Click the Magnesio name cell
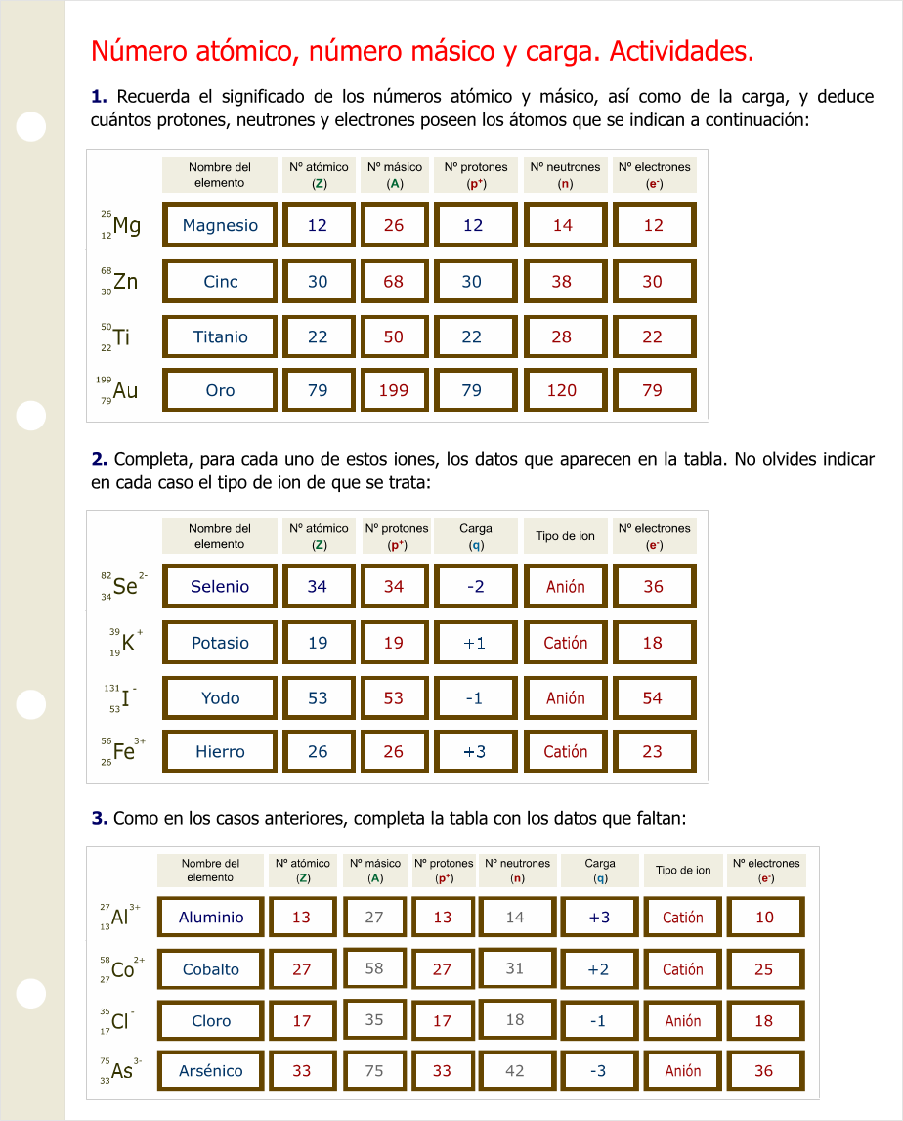pos(220,225)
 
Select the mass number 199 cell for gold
pos(393,390)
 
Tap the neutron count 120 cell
pos(562,390)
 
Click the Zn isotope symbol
pos(120,282)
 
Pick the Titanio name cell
pos(220,336)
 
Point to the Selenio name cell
pos(220,587)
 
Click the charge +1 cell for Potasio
pos(474,643)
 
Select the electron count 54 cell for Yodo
pos(653,698)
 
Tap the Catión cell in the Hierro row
pos(566,752)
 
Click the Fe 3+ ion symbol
pos(124,751)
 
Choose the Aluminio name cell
pos(211,918)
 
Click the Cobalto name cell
pos(211,969)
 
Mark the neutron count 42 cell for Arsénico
pos(515,1071)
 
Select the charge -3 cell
pos(598,1071)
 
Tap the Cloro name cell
pos(211,1020)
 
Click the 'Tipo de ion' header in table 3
pos(683,870)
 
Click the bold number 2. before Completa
pos(99,459)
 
